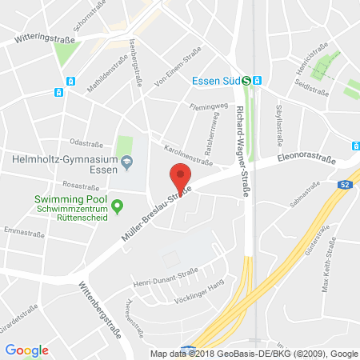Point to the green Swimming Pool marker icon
tap(118, 206)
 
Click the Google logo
tap(27, 350)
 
